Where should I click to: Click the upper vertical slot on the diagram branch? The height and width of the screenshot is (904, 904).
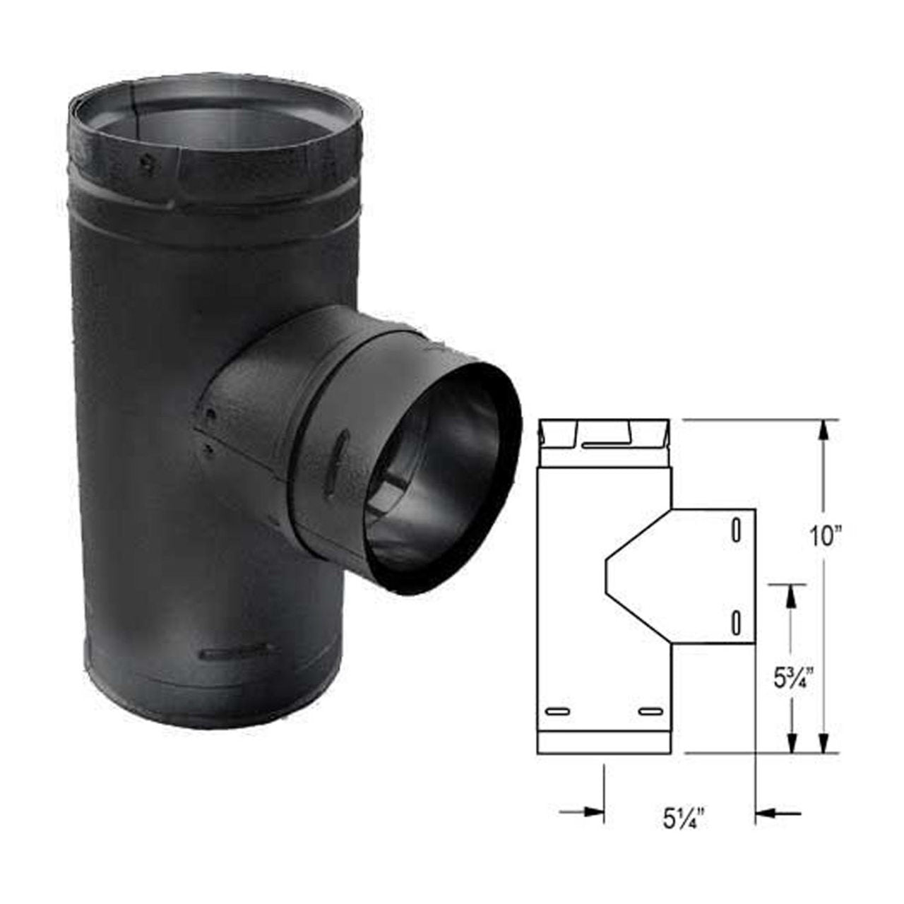tap(736, 531)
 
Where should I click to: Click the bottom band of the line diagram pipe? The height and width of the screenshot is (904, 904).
tap(603, 742)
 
